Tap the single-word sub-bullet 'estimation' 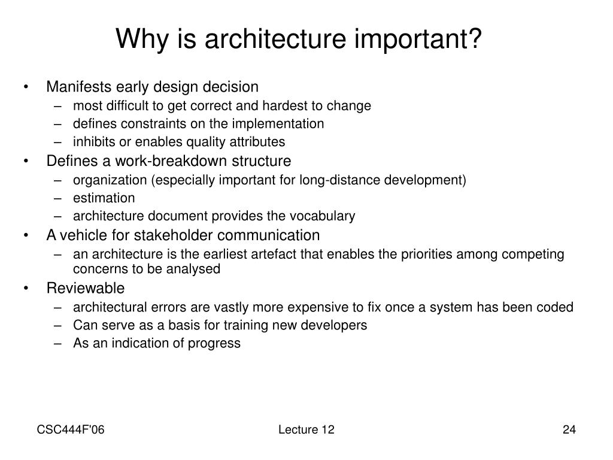tap(104, 198)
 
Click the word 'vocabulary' tap(326, 216)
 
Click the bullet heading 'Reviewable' tap(86, 288)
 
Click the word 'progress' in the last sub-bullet tap(216, 343)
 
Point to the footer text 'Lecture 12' tap(306, 429)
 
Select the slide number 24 tap(569, 429)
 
